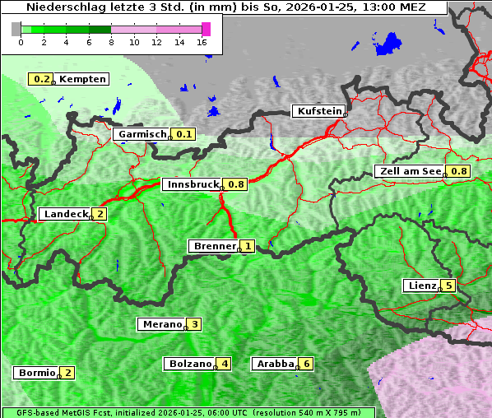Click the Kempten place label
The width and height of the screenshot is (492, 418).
82,79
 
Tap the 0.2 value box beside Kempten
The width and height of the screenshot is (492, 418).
40,79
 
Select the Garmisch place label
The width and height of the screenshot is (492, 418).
142,134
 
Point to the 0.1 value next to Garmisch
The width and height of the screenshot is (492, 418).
183,134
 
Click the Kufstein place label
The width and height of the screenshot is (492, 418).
318,111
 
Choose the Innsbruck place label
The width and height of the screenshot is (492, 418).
193,184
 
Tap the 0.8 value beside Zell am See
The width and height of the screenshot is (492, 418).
458,171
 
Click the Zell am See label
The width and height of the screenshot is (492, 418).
410,171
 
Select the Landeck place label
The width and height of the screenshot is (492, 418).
65,214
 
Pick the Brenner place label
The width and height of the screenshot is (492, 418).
214,246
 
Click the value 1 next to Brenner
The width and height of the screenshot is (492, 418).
247,246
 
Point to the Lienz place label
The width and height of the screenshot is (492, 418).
421,286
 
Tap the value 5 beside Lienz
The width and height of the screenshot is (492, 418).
448,286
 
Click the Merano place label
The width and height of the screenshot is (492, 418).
161,324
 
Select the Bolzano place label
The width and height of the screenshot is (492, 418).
190,363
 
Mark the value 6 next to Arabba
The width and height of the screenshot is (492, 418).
307,363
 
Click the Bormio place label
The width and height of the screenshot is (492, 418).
36,373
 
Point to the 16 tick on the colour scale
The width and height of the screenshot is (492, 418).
202,43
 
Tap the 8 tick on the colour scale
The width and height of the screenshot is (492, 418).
111,43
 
